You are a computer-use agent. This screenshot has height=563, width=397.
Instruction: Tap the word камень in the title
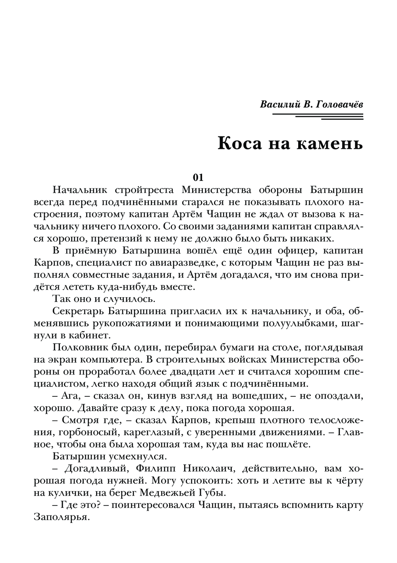329,143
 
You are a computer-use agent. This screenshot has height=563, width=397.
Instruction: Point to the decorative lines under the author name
318,116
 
